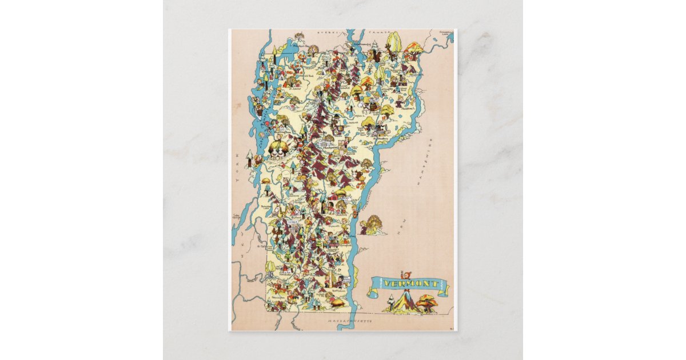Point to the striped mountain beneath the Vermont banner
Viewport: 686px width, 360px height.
pyautogui.click(x=406, y=302)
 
